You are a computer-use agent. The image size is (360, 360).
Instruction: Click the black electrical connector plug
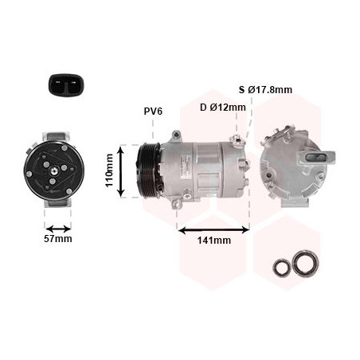(x=66, y=84)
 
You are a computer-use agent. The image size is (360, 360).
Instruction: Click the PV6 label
(x=153, y=112)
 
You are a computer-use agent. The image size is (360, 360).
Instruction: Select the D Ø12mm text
(x=223, y=108)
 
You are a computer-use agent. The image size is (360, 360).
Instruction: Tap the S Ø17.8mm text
(x=265, y=90)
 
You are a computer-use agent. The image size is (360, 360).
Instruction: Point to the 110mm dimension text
(x=109, y=170)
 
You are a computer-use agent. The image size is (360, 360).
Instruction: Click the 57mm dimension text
(x=58, y=239)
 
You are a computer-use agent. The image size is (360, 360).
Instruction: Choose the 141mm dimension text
(x=214, y=241)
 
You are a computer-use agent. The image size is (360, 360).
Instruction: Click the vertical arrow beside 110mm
(x=121, y=172)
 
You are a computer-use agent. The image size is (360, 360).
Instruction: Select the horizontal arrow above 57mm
(x=58, y=229)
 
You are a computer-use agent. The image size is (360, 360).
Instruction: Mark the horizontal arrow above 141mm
(x=213, y=230)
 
